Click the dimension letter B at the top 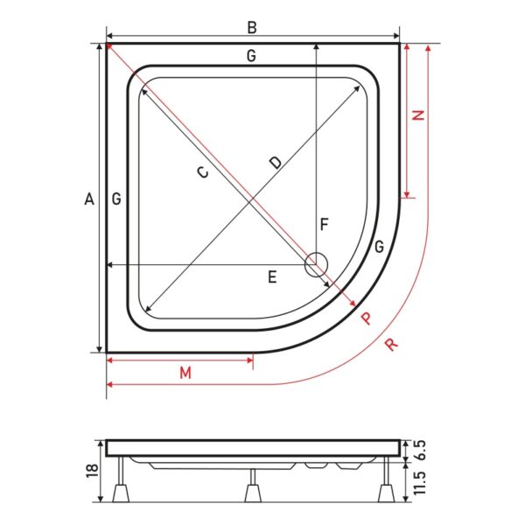(252, 28)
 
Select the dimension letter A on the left (89, 199)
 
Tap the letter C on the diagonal (203, 172)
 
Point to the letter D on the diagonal (276, 163)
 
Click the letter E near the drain (272, 277)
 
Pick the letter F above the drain (324, 224)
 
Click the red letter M (185, 373)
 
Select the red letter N (418, 115)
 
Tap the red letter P (367, 318)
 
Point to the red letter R (391, 345)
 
